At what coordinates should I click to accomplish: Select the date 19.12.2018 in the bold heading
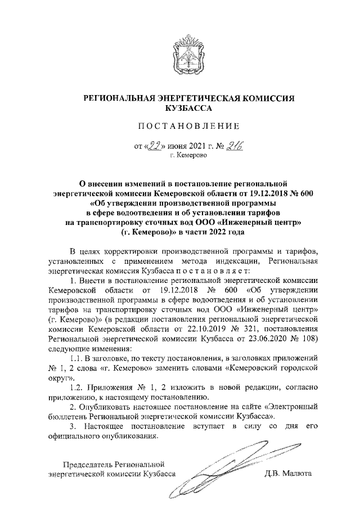coord(256,193)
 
